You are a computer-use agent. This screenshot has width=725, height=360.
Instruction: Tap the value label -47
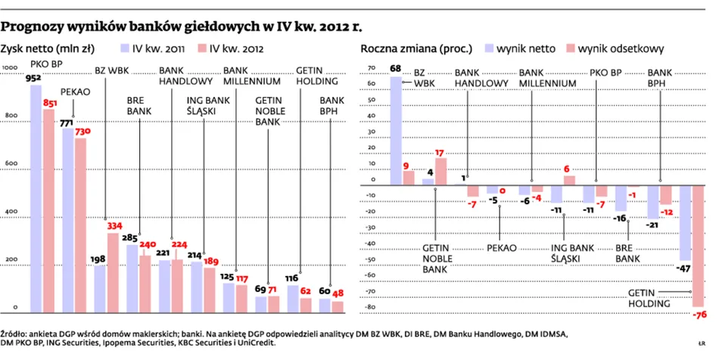[x=684, y=268]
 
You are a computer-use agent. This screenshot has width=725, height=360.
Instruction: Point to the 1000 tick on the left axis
[x=11, y=69]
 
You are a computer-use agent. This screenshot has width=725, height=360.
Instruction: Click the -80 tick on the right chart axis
[x=369, y=308]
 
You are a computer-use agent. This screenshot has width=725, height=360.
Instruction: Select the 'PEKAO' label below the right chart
[x=501, y=247]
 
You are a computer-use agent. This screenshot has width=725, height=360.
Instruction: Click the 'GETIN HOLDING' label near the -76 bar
[x=649, y=298]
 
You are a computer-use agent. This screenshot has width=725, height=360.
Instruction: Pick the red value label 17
[x=440, y=152]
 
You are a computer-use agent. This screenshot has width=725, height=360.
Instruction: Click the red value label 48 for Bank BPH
[x=338, y=293]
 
